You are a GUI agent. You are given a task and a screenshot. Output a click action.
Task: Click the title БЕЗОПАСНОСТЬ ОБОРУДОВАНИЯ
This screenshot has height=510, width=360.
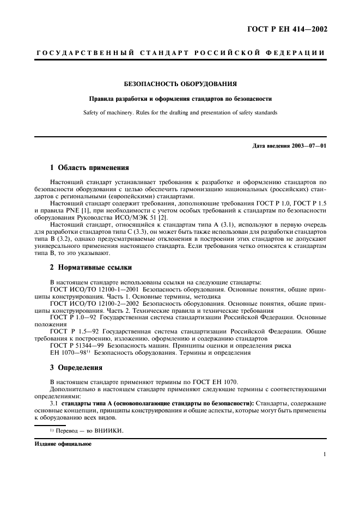180,84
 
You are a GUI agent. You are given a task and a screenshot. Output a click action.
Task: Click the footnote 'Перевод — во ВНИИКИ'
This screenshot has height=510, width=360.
87,430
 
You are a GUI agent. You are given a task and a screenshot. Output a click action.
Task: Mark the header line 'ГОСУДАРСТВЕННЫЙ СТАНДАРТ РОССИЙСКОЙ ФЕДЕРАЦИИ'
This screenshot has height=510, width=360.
180,52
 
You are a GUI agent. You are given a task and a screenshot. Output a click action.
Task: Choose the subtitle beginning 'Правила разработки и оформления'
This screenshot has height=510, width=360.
180,99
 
